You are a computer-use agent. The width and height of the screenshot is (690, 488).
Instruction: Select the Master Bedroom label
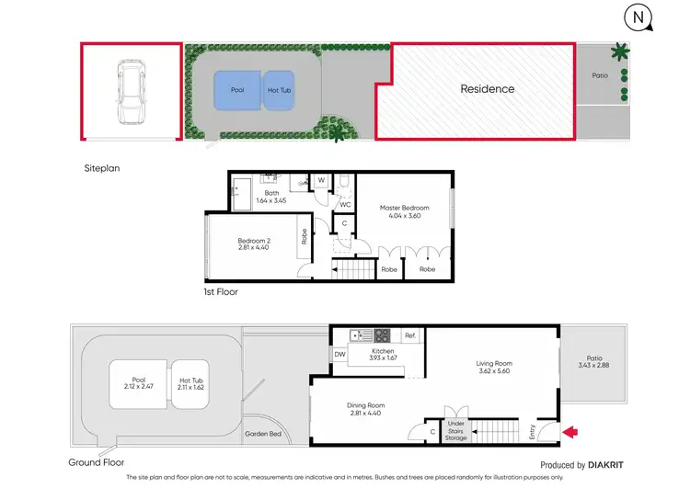click(x=405, y=208)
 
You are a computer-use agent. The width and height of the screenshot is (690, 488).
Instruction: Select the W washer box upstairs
click(x=321, y=181)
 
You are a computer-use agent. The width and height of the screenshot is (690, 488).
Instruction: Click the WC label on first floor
click(x=346, y=204)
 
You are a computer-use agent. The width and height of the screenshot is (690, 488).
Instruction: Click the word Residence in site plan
click(x=488, y=89)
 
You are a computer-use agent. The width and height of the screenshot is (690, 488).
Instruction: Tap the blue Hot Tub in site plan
click(x=280, y=90)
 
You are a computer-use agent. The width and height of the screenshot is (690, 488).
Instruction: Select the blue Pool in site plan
click(x=238, y=90)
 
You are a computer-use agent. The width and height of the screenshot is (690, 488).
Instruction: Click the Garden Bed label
click(x=262, y=434)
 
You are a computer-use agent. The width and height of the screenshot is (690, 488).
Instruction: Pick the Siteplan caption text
click(x=102, y=168)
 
